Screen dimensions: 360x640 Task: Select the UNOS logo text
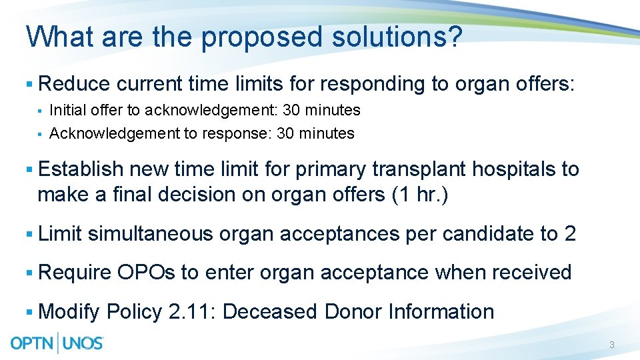point(82,343)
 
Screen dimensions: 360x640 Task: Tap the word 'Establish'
point(81,169)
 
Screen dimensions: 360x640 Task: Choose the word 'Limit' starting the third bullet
point(60,233)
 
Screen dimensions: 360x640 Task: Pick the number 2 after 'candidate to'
point(570,233)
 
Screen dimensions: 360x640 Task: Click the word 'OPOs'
point(147,272)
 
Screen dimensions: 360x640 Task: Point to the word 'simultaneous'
point(150,233)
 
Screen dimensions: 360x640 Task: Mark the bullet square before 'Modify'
point(29,311)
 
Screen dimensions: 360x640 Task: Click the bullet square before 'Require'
point(29,272)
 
